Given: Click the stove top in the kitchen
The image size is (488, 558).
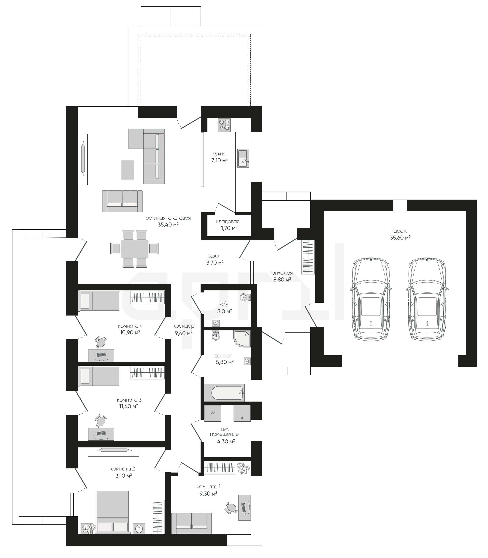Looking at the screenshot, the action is point(224,125).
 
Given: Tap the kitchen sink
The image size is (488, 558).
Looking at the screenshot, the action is point(243,158).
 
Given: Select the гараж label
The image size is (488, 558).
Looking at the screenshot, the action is point(399,231).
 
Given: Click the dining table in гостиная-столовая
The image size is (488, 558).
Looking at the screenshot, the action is point(135,249).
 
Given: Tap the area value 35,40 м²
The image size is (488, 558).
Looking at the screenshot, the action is point(168,225).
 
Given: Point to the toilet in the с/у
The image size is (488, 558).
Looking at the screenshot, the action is point(245,297).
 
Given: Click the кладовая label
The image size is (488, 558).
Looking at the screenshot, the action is point(228,222).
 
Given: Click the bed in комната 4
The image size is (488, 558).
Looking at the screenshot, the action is point(99,301).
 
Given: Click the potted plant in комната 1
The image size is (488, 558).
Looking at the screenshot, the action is point(243,469).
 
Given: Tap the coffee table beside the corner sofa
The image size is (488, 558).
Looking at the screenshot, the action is point(127,170).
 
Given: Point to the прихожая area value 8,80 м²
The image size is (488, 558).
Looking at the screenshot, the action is point(282,279).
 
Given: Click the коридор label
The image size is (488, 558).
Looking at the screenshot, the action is point(184,326).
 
